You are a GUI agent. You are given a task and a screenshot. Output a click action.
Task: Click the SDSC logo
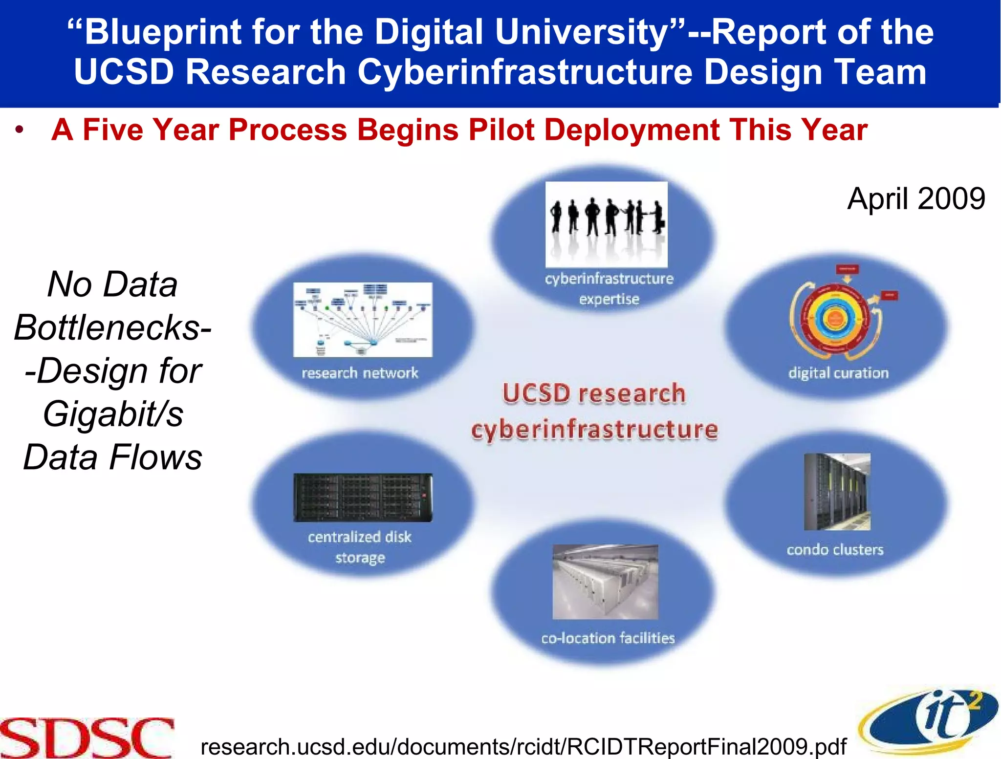point(87,737)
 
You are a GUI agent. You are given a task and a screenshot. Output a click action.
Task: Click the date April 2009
point(916,199)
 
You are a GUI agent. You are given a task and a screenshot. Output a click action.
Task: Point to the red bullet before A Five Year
point(19,130)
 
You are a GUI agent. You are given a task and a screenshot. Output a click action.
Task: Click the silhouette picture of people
point(606,224)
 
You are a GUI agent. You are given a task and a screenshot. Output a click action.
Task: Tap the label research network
point(360,373)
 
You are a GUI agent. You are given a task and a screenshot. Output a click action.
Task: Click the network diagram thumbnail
point(363,320)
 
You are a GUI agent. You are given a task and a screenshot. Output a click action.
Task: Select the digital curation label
point(838,373)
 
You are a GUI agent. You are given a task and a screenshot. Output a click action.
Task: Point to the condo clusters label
point(835,550)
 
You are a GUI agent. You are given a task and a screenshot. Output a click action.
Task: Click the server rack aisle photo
point(837,492)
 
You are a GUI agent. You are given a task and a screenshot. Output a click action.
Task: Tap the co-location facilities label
point(608,638)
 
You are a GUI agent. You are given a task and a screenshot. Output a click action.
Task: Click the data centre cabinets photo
point(605,582)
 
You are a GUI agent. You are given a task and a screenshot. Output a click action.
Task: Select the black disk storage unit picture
point(363,498)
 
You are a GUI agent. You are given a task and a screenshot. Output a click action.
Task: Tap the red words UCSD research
point(594,394)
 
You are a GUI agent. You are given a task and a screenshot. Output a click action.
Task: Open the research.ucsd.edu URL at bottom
point(523,747)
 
